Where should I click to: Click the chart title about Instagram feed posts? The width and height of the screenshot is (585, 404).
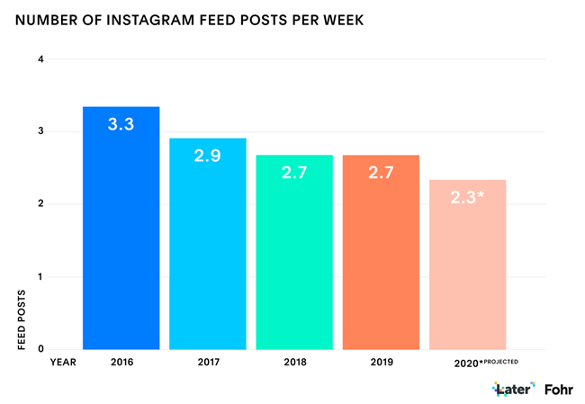click(x=190, y=20)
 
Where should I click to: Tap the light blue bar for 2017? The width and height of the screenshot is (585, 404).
click(x=208, y=252)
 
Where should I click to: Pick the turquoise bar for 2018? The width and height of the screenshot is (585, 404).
click(x=294, y=261)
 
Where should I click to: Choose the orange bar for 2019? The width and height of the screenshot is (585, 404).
click(x=381, y=261)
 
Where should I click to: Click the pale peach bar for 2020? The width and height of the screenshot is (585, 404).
click(x=467, y=270)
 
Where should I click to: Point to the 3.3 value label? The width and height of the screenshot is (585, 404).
click(x=121, y=124)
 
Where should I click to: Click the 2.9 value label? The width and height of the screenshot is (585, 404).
click(x=208, y=156)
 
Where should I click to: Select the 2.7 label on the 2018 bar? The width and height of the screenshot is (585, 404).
click(x=294, y=172)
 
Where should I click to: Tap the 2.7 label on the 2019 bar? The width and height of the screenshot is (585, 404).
click(x=381, y=172)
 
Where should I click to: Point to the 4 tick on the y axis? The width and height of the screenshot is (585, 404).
click(x=40, y=59)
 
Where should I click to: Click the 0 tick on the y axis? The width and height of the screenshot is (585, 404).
click(x=40, y=348)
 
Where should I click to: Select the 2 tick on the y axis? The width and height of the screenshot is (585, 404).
click(x=40, y=204)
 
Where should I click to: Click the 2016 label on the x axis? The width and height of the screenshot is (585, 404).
click(x=121, y=363)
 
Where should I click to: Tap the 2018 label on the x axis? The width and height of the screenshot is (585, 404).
click(x=294, y=363)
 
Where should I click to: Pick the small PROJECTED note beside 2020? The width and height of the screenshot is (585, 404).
click(x=499, y=361)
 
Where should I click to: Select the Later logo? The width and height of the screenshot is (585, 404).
click(x=514, y=390)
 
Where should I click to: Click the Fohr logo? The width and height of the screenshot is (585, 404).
click(x=559, y=390)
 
